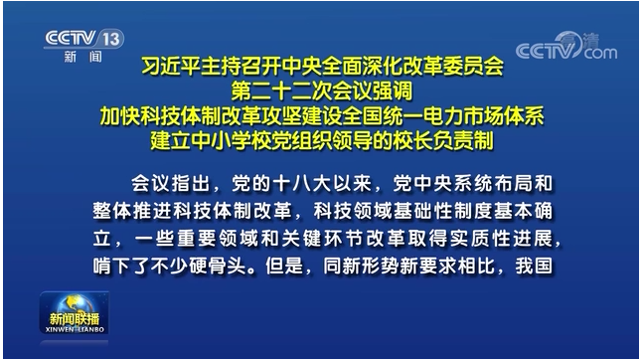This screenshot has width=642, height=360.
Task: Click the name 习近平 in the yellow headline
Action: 168,70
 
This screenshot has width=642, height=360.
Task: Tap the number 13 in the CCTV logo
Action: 112,39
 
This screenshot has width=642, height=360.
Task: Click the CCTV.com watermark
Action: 565,48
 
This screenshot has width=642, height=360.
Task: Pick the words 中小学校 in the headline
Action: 251,139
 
